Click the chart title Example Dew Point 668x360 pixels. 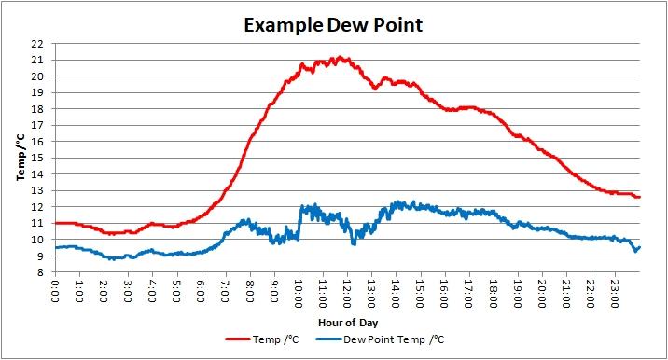tap(333, 25)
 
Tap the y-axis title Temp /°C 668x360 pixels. tap(21, 158)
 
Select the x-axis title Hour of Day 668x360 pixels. tap(348, 323)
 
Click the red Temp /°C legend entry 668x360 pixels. tap(262, 339)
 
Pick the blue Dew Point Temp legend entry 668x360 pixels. tap(380, 339)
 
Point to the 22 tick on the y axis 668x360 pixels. tap(38, 44)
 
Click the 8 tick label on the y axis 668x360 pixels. tap(40, 272)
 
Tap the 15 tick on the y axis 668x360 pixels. tap(38, 158)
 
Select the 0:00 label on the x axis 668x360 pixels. tap(55, 291)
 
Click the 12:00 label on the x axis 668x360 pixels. tap(348, 294)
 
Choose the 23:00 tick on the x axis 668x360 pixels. tap(615, 294)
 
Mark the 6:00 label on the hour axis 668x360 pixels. tap(202, 291)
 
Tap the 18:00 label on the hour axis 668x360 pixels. tap(494, 294)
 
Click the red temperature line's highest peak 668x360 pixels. tap(340, 57)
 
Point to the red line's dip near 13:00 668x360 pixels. tap(375, 89)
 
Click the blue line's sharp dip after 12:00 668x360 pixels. tap(354, 243)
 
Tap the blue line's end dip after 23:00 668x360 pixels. tap(635, 251)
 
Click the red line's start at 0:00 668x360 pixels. tap(56, 223)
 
